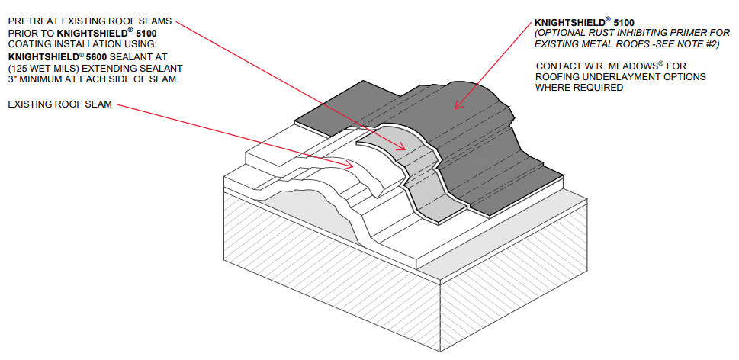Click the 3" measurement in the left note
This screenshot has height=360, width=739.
(x=13, y=80)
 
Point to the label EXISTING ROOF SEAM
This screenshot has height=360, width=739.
(x=59, y=104)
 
